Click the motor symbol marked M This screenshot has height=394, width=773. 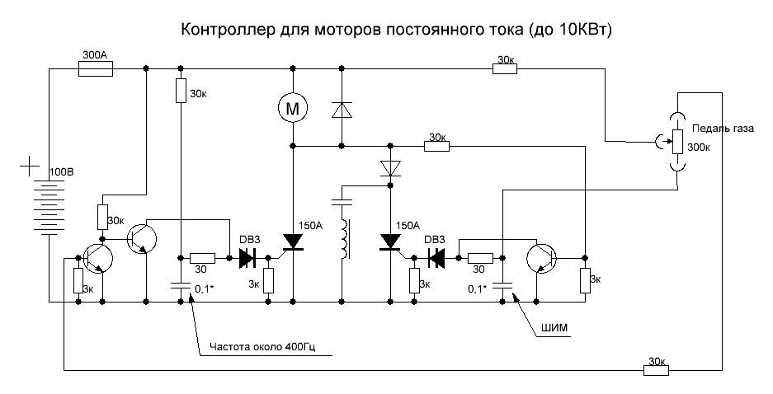[x=291, y=106]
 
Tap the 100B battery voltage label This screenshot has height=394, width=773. [x=63, y=172]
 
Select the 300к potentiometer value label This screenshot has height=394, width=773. [x=700, y=148]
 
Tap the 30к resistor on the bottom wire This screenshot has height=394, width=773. [x=656, y=372]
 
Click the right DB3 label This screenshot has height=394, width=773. [x=435, y=239]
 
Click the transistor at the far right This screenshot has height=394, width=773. [x=541, y=258]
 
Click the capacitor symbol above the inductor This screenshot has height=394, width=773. [x=341, y=199]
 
